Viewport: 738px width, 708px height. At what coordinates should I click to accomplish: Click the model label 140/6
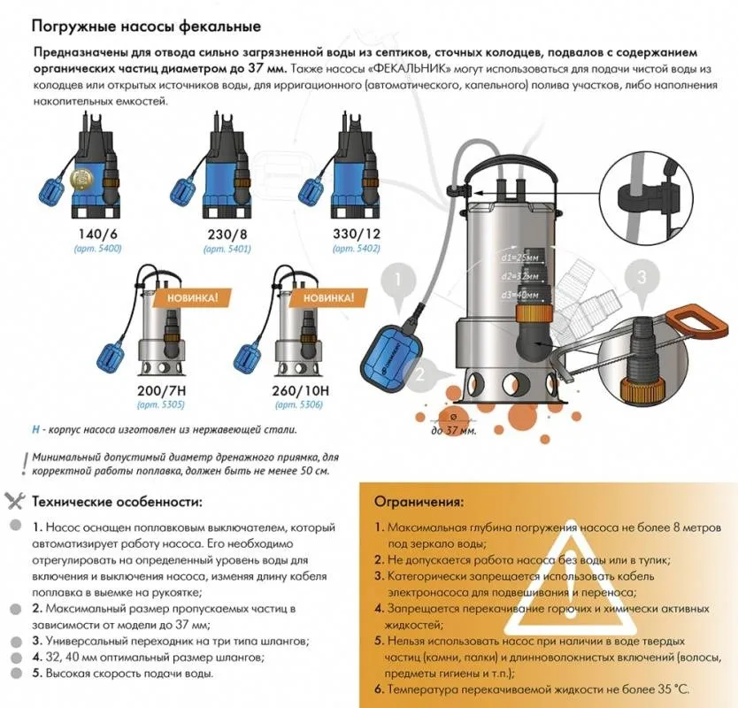tap(97, 234)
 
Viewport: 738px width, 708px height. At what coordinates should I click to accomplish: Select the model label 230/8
tap(227, 234)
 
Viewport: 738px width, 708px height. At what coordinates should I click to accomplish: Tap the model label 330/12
tap(357, 234)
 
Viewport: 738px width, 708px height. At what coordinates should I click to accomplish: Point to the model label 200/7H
tap(160, 390)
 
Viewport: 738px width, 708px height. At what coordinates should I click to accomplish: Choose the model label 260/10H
tap(299, 390)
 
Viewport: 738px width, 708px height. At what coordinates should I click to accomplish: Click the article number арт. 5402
tap(357, 249)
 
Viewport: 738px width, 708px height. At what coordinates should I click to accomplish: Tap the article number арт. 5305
tap(160, 404)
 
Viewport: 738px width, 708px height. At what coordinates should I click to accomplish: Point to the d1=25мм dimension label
tap(519, 258)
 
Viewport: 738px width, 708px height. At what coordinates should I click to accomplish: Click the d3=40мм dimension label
tap(519, 296)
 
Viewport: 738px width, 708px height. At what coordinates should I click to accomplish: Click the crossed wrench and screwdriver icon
tap(14, 501)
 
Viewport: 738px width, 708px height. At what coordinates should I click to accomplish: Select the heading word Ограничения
tap(419, 502)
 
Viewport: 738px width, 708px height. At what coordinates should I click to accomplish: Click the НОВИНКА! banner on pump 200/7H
tap(193, 298)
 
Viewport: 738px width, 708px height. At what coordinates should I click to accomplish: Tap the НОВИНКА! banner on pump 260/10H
tap(328, 298)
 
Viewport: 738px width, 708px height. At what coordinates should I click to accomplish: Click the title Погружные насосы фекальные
tap(146, 27)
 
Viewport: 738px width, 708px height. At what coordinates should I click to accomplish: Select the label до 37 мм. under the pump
tap(453, 431)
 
